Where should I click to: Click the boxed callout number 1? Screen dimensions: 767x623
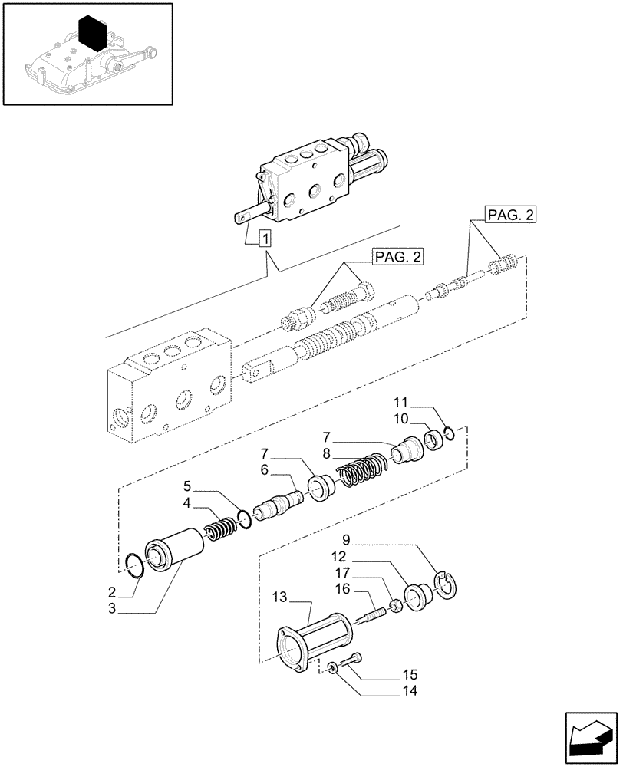pyautogui.click(x=265, y=238)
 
